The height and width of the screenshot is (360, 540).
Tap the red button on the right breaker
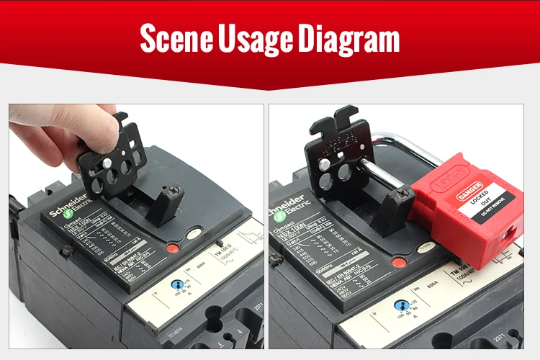point(397,261)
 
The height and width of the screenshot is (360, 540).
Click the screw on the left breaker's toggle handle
point(172,191)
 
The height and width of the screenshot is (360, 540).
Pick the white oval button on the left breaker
point(194,234)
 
